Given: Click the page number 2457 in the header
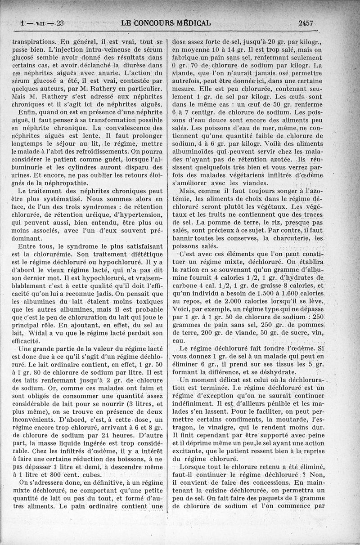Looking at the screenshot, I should coord(305,23).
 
